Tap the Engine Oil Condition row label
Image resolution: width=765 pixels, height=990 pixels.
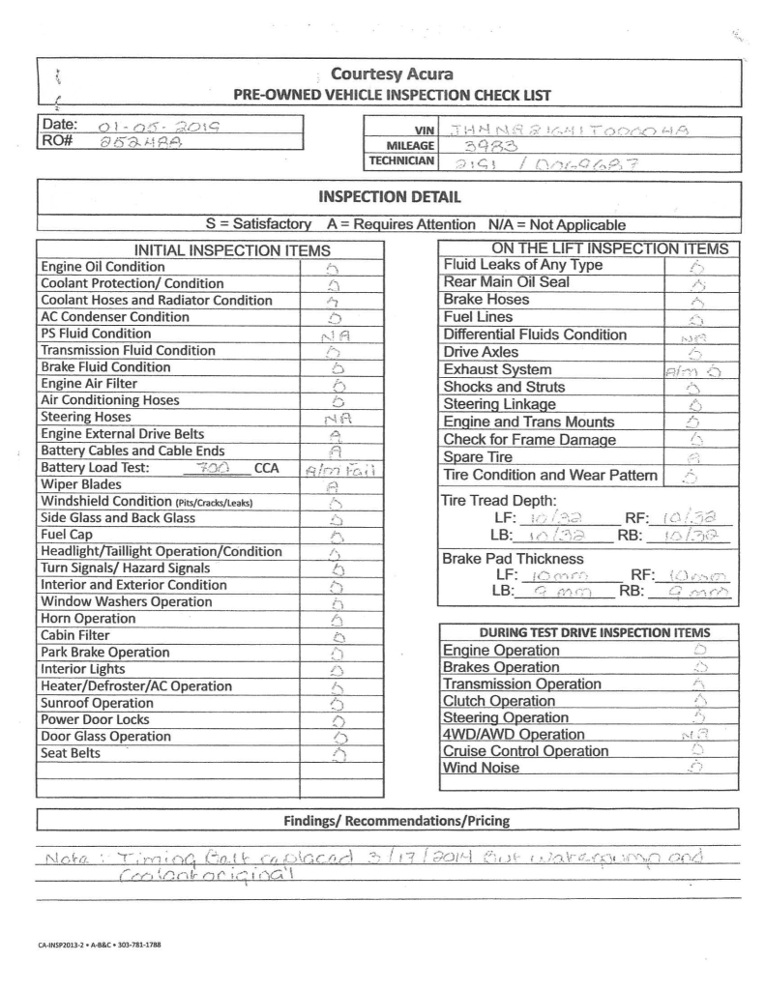pos(103,267)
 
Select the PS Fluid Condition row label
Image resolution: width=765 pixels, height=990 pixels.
pos(96,334)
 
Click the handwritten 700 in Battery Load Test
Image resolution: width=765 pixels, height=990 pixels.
pos(210,467)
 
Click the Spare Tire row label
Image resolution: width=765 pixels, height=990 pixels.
pos(479,456)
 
